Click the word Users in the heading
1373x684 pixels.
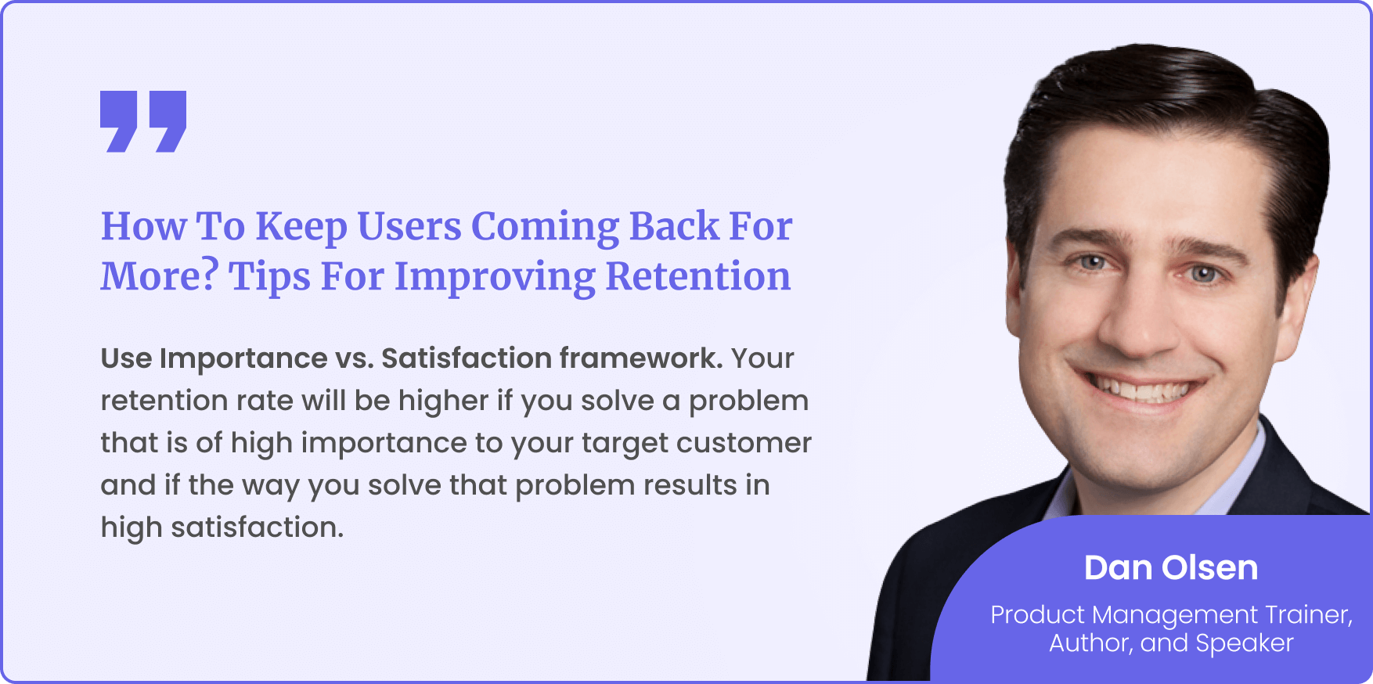(409, 226)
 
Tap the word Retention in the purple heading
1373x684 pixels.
(698, 276)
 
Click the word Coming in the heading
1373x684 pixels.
(545, 228)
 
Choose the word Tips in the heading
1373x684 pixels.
(269, 278)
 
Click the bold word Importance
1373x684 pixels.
(243, 359)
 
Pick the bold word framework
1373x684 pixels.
(641, 358)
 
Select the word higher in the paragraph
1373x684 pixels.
(443, 401)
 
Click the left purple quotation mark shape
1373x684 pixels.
(119, 121)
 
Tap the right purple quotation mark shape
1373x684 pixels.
(168, 121)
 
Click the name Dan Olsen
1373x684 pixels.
(1171, 568)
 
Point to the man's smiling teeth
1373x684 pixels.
(1144, 388)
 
